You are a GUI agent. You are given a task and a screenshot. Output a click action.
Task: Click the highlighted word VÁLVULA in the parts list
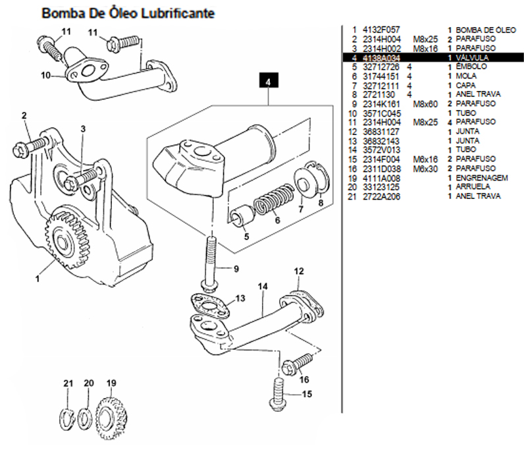coord(473,58)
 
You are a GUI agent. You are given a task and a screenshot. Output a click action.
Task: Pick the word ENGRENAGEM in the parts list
coord(481,178)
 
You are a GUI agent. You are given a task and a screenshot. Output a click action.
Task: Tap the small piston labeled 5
coord(240,215)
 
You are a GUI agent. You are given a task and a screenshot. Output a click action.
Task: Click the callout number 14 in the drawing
coord(263,287)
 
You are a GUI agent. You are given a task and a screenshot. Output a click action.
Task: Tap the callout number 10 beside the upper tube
coord(45,76)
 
